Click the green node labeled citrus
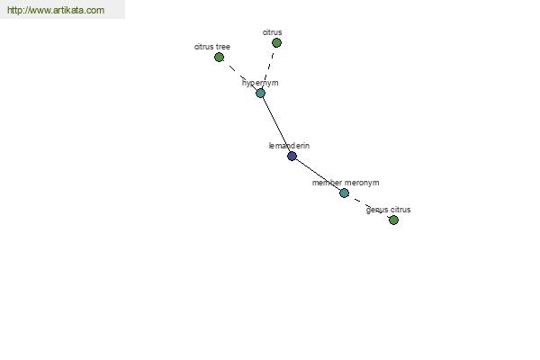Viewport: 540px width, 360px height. (x=276, y=42)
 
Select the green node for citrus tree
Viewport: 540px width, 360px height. (x=219, y=58)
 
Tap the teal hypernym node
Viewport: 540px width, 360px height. (x=260, y=93)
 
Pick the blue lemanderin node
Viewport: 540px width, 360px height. (x=292, y=156)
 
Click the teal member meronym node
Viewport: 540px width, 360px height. (x=344, y=193)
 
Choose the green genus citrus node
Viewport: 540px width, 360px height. (x=393, y=220)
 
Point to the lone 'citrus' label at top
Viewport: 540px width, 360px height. (x=272, y=32)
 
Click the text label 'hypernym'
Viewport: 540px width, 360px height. (x=260, y=83)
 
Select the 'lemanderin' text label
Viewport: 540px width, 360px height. (x=289, y=146)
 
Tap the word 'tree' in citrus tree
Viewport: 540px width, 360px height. (x=223, y=47)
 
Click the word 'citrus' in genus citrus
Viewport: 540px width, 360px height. (x=400, y=210)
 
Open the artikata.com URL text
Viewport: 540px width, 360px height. (x=56, y=10)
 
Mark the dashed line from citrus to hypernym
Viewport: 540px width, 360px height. (x=269, y=67)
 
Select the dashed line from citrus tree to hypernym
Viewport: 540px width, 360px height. (x=239, y=75)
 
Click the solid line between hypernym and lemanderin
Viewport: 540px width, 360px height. (x=276, y=125)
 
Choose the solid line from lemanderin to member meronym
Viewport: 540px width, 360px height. (x=318, y=175)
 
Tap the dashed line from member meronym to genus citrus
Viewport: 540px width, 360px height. (x=369, y=206)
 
